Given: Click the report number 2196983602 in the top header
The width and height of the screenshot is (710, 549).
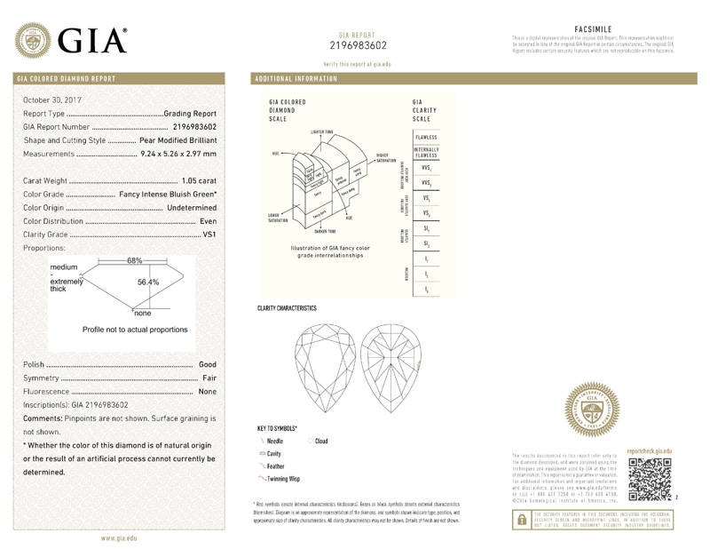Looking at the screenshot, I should pyautogui.click(x=358, y=44).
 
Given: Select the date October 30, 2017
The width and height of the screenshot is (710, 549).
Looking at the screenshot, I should pyautogui.click(x=52, y=99).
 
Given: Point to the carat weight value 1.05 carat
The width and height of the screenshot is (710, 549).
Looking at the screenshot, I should pyautogui.click(x=199, y=180).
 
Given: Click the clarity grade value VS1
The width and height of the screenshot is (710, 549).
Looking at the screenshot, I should pyautogui.click(x=209, y=234).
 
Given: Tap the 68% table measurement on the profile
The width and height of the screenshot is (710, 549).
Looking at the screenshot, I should pyautogui.click(x=135, y=259).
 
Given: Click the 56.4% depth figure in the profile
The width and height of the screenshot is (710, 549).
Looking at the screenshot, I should pyautogui.click(x=147, y=282).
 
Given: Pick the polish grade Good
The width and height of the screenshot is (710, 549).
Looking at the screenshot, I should pyautogui.click(x=208, y=364).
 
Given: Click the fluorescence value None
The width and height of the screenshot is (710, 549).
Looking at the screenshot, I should pyautogui.click(x=208, y=391).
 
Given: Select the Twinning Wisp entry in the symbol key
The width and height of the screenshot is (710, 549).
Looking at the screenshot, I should pyautogui.click(x=283, y=479).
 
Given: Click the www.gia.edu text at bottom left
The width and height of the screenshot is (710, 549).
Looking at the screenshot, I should pyautogui.click(x=118, y=538).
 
